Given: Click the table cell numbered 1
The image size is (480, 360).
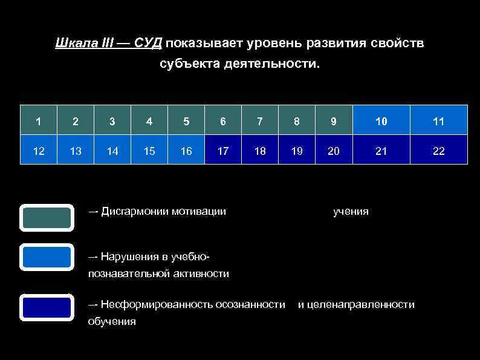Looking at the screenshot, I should point(39,120).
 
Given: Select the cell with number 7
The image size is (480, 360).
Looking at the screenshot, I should point(260,120).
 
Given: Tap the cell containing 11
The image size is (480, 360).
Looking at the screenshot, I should point(439,120).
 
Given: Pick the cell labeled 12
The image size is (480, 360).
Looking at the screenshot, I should point(39,151).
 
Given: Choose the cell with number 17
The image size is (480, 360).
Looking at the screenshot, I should point(223,151).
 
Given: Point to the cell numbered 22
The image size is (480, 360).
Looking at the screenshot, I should point(439,151).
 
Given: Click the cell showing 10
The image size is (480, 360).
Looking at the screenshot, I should point(381,120).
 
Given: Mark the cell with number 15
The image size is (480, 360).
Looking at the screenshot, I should point(149,151).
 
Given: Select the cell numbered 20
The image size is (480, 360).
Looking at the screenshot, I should point(333,151).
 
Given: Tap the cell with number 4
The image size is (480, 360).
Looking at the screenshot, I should point(149,120).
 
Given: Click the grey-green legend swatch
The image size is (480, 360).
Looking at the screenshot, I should point(47,218).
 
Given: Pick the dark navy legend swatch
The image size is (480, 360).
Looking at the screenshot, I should point(47,307).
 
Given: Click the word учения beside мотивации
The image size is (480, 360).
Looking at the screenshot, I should point(351,211).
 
